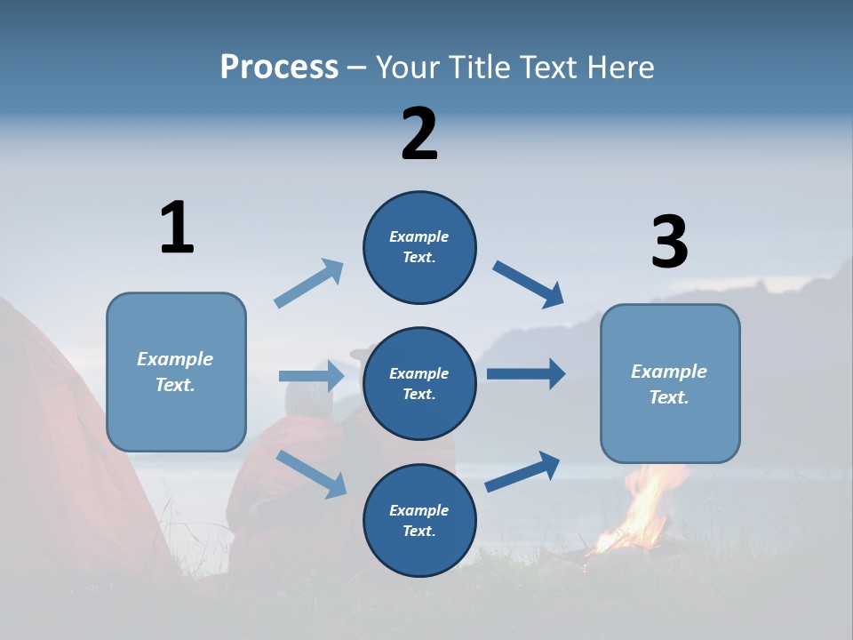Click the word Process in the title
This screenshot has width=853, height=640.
click(279, 67)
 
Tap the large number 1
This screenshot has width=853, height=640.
click(177, 228)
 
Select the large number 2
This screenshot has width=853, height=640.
click(419, 134)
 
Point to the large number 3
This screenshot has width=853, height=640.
click(669, 243)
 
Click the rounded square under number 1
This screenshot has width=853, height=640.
click(176, 372)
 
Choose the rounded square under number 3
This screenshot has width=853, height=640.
click(670, 384)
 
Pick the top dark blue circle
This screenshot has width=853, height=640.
click(419, 247)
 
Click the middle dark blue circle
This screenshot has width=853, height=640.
click(419, 383)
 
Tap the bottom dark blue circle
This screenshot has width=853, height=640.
click(419, 520)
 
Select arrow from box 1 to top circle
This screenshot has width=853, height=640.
click(309, 284)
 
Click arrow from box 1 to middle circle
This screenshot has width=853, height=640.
click(311, 376)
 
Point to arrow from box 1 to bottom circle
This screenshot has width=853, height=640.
click(311, 473)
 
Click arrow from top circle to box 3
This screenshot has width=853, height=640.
click(529, 284)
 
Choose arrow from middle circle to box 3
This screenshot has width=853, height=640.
click(526, 373)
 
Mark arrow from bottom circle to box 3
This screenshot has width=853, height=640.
click(522, 471)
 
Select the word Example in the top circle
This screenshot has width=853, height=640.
click(419, 236)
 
